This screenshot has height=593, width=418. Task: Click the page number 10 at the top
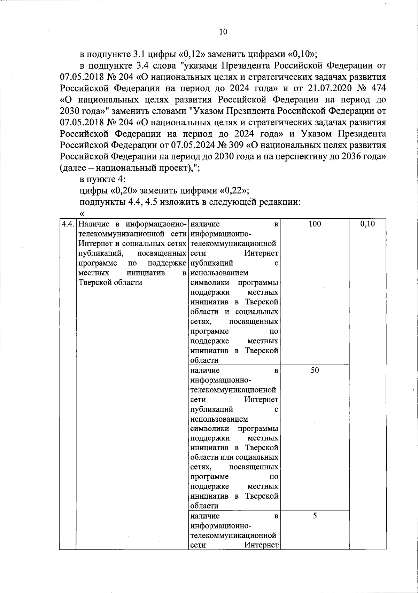click(x=223, y=32)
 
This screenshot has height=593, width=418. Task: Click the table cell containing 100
click(x=315, y=224)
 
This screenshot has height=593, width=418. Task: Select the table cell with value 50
click(x=315, y=370)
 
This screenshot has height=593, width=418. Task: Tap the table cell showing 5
click(x=315, y=516)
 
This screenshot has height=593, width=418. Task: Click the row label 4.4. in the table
click(x=68, y=224)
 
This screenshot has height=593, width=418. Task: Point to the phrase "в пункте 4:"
click(x=100, y=179)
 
